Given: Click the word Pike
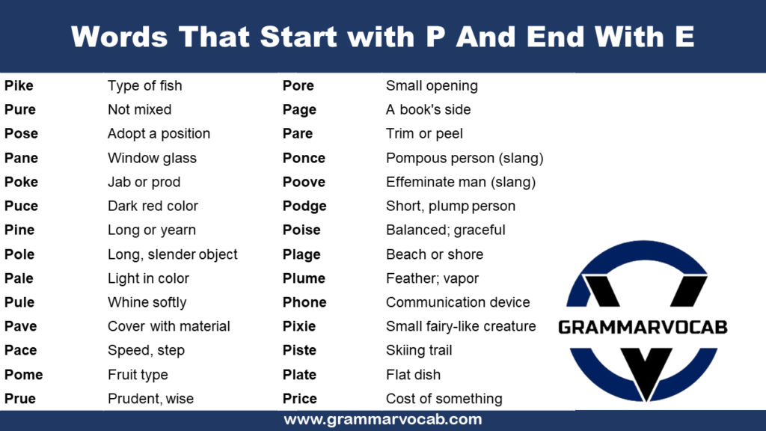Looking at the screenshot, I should click(x=19, y=86).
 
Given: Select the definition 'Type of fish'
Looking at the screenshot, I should click(x=144, y=86).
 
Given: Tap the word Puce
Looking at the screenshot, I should click(x=21, y=206).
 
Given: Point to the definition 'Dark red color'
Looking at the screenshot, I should click(x=153, y=206).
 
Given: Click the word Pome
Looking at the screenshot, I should click(x=23, y=374).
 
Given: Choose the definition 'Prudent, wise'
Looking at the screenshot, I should click(x=150, y=399).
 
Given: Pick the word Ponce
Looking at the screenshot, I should click(x=304, y=158).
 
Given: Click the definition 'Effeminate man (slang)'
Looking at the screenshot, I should click(x=461, y=182).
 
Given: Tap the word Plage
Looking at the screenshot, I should click(x=301, y=254).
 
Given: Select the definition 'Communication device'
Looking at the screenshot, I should click(x=458, y=302).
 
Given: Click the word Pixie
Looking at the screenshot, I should click(x=299, y=326).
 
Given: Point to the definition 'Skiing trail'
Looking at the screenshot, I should click(x=419, y=350).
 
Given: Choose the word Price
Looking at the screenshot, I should click(x=300, y=399).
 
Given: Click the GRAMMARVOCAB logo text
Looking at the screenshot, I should click(x=643, y=327).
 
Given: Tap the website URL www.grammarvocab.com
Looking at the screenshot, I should click(x=382, y=420).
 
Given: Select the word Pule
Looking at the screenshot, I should click(x=19, y=302).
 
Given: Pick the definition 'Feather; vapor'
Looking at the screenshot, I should click(x=432, y=278).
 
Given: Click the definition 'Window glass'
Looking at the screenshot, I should click(x=152, y=158).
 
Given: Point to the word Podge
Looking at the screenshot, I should click(x=304, y=206).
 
